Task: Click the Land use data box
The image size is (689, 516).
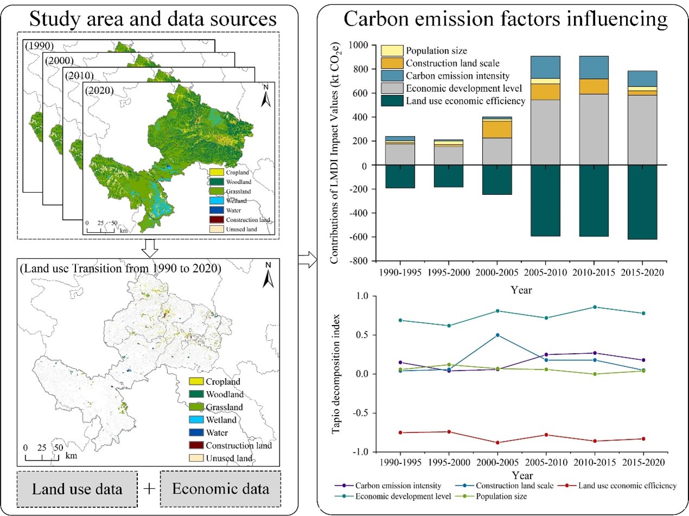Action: click(x=77, y=489)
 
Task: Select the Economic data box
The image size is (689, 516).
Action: click(x=220, y=488)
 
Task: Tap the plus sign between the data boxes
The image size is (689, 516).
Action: click(x=149, y=488)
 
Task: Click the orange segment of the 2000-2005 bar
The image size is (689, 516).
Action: click(x=497, y=129)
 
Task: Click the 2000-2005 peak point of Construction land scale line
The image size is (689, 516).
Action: click(x=497, y=335)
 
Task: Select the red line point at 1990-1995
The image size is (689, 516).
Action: click(x=401, y=432)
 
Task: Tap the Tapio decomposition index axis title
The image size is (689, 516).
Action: click(x=337, y=374)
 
